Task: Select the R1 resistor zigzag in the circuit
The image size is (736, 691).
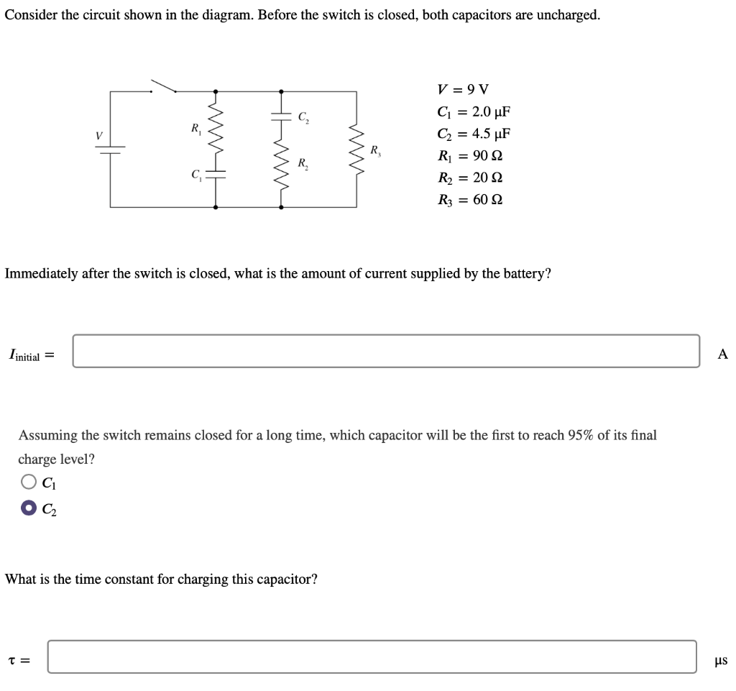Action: (216, 132)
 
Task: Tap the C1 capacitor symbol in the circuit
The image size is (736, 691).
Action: (216, 173)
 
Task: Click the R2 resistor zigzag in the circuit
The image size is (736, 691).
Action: (281, 170)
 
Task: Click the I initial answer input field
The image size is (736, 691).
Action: (386, 351)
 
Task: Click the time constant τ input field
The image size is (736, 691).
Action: (372, 656)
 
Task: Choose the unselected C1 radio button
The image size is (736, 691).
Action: (28, 482)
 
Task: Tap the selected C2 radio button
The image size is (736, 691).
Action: (28, 508)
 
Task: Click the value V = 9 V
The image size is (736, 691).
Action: (463, 90)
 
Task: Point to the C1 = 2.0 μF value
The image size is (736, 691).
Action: (474, 112)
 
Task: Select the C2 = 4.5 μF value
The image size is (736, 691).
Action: (474, 134)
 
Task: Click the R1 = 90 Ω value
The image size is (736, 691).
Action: (469, 156)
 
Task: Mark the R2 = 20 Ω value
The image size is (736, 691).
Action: (469, 178)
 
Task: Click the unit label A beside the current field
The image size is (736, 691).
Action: (722, 353)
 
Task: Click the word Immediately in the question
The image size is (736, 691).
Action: (42, 274)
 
